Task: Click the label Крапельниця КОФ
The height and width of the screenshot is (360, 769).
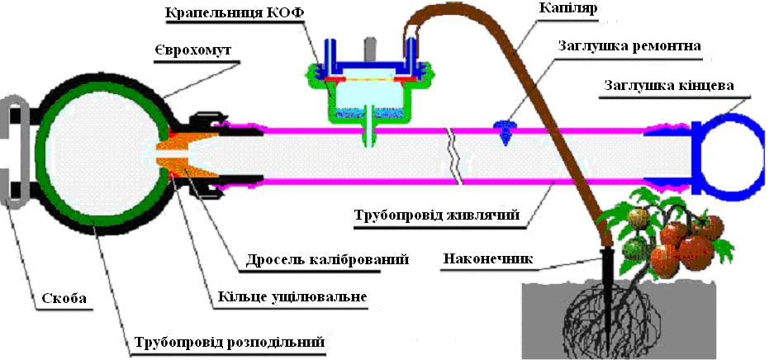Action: point(235,12)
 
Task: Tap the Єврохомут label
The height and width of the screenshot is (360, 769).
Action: point(197,50)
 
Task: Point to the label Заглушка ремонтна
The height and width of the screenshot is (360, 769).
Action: point(630,46)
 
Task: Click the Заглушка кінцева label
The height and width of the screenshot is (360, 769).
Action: point(669,87)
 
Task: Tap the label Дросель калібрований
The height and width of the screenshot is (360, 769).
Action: point(323,258)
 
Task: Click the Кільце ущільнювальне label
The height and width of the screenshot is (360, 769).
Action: point(291,297)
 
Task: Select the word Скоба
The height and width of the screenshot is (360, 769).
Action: point(64,298)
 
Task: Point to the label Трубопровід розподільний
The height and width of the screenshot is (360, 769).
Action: point(228,341)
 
